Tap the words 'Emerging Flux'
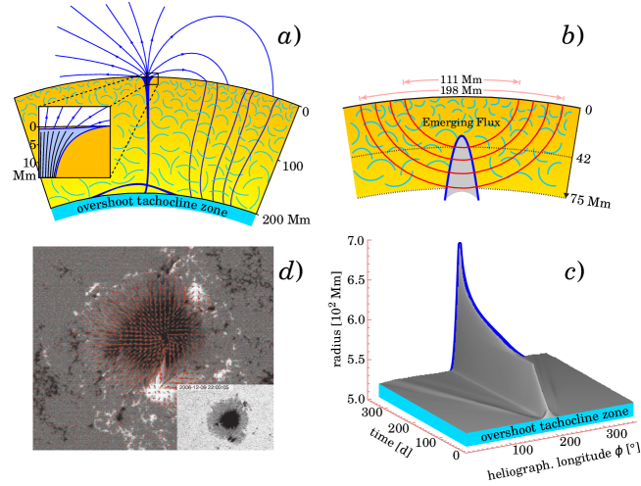click(x=460, y=121)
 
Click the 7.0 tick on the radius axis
click(x=358, y=240)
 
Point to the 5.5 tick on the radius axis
click(x=358, y=361)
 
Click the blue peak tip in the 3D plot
click(x=460, y=244)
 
